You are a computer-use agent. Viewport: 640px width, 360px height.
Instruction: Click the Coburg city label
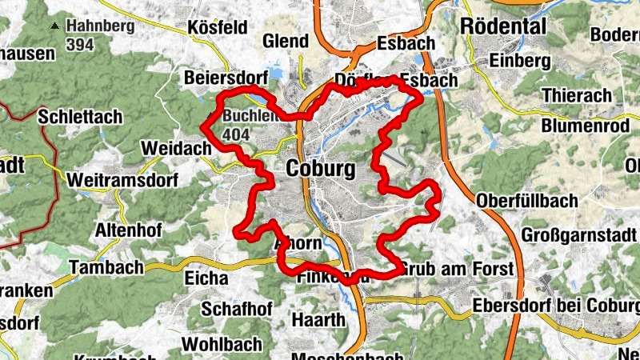point(320,170)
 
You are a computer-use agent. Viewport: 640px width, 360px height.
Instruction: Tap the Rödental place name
point(503,26)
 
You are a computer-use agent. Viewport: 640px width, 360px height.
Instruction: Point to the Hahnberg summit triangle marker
point(55,26)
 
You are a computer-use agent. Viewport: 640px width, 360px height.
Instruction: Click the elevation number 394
point(81,45)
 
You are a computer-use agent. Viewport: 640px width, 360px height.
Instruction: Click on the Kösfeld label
point(217,28)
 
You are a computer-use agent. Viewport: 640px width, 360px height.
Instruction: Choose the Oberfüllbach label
point(526,200)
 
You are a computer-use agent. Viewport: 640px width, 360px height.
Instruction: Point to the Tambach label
point(106,267)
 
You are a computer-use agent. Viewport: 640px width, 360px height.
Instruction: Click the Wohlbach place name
point(222,344)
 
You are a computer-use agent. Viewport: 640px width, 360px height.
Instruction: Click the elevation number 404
point(238,134)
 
